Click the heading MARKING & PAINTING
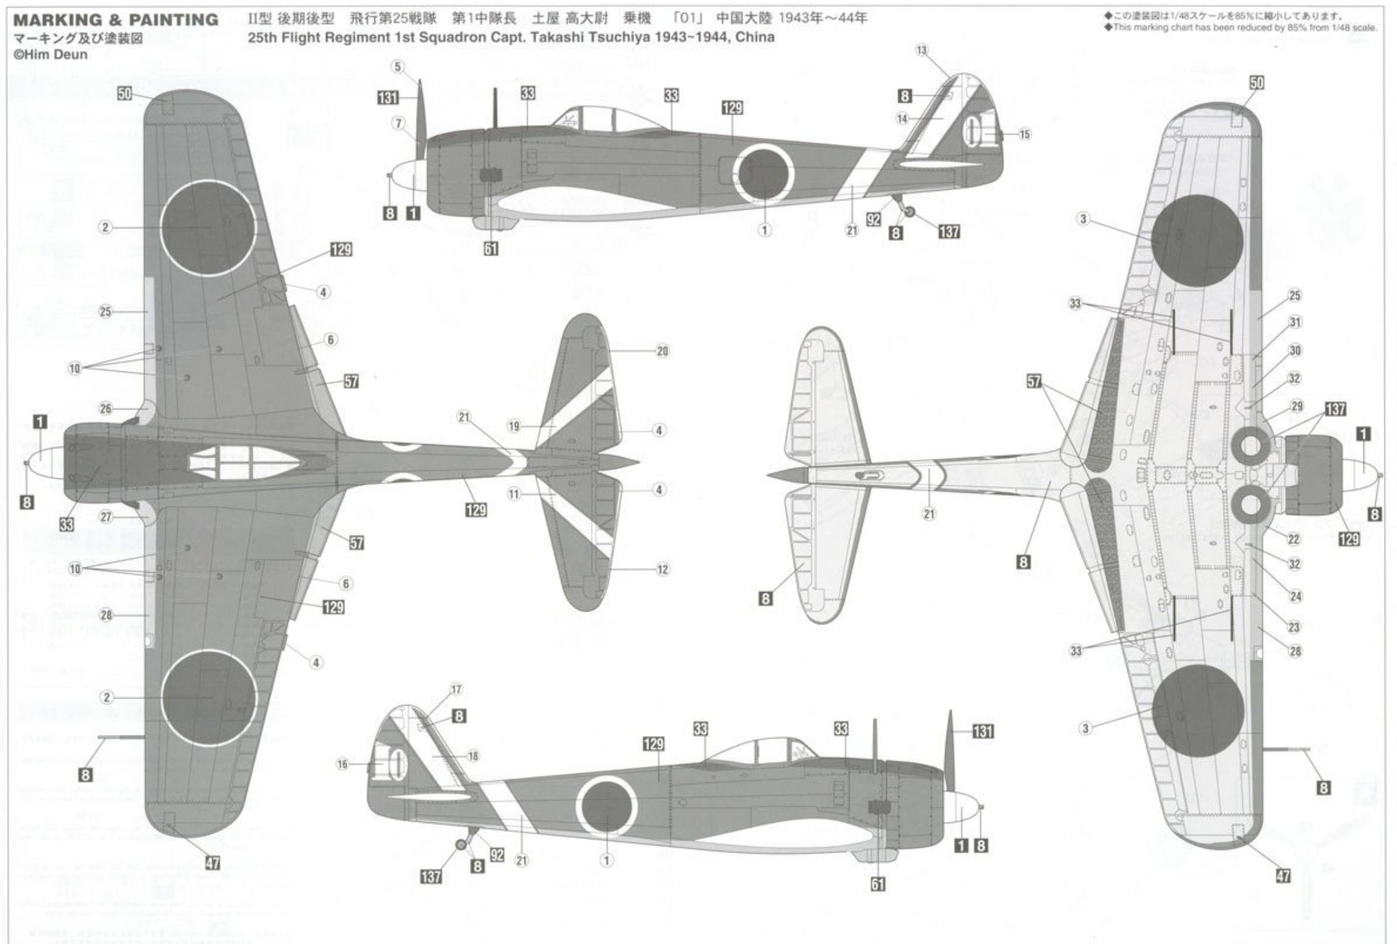point(116,20)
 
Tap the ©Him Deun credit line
point(51,55)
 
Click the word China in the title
point(755,38)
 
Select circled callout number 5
point(399,66)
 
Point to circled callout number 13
point(922,50)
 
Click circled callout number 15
point(1025,134)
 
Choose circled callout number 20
point(662,351)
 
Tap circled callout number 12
point(662,569)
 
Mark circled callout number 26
point(105,409)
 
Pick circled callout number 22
point(1294,539)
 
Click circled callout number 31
point(1295,322)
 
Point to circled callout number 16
point(342,764)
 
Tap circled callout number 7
point(399,123)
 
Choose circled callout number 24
point(1296,596)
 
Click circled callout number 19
point(513,426)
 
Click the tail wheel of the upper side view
point(909,212)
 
